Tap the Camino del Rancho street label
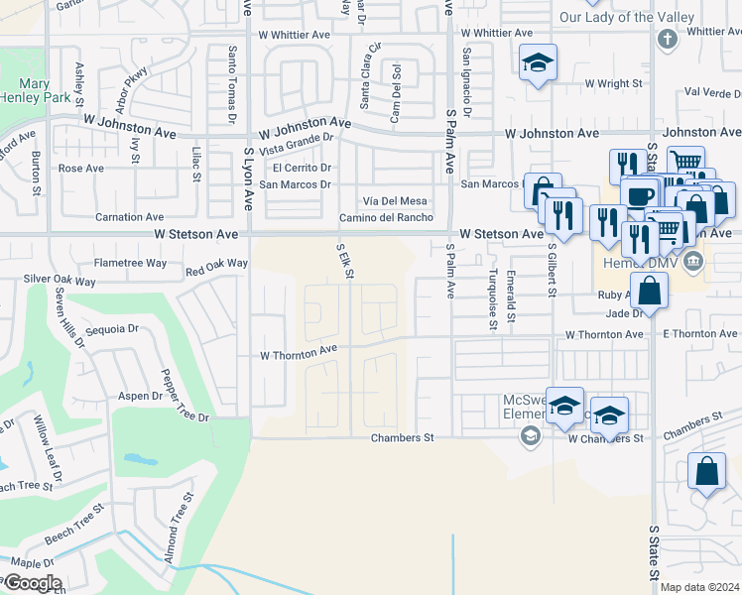click(x=387, y=218)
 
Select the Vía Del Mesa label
click(x=393, y=201)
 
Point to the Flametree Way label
click(x=130, y=264)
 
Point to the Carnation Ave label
click(x=129, y=217)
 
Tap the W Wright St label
click(x=614, y=84)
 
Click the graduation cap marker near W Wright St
click(x=538, y=64)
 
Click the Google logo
click(x=32, y=583)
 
